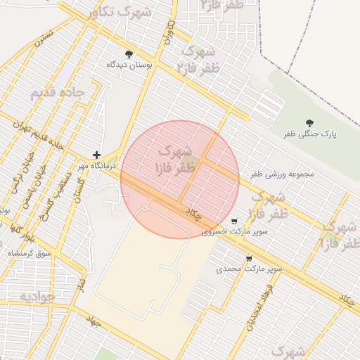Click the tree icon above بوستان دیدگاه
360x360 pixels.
[x=129, y=54]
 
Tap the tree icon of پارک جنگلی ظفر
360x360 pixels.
[x=309, y=123]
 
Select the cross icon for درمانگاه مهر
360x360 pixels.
[x=96, y=155]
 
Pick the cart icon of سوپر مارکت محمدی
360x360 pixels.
[x=249, y=258]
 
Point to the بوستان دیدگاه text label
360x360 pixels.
[x=129, y=65]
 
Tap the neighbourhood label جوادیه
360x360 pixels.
[x=37, y=297]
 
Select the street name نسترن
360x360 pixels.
[x=46, y=38]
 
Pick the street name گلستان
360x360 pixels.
[x=77, y=189]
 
